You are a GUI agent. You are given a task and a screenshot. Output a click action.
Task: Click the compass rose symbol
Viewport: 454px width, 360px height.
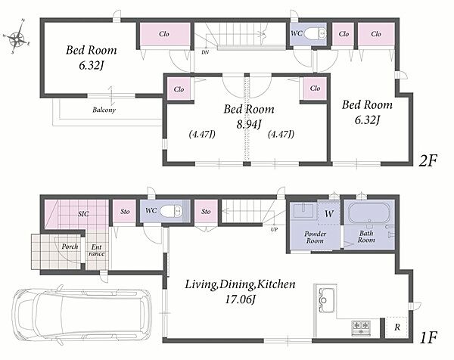click(17, 37)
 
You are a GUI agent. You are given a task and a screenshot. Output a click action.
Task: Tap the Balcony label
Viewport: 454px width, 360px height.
click(104, 110)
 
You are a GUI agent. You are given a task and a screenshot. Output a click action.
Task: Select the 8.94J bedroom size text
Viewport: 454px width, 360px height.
click(249, 125)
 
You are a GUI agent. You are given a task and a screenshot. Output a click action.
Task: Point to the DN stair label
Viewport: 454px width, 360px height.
click(205, 52)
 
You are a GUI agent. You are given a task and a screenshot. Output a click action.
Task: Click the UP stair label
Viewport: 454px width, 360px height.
click(274, 229)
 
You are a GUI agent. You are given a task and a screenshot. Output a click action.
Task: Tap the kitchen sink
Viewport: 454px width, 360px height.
click(326, 300)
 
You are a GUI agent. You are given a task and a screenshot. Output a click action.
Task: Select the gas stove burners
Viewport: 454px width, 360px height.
click(361, 327)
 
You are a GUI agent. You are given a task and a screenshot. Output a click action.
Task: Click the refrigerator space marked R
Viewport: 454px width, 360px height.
click(397, 327)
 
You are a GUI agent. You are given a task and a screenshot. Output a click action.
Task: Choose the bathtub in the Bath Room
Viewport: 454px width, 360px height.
click(366, 213)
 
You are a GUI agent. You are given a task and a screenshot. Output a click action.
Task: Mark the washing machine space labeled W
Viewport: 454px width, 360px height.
click(329, 213)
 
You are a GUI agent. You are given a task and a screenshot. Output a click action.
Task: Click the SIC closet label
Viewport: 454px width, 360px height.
click(83, 214)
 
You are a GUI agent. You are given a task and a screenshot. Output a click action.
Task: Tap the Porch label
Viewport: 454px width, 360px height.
click(70, 247)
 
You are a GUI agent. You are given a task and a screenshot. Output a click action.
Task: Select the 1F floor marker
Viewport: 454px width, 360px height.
click(428, 337)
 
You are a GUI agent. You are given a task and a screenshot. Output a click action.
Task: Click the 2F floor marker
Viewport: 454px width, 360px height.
click(428, 160)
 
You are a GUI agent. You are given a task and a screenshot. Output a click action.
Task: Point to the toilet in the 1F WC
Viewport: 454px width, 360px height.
click(171, 211)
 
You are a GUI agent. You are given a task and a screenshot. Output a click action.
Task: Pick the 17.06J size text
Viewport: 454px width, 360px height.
click(240, 299)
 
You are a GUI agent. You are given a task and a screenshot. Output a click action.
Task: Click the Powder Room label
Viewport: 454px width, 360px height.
click(315, 237)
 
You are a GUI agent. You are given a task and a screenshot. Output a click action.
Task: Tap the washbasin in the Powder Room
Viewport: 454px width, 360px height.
click(303, 211)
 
